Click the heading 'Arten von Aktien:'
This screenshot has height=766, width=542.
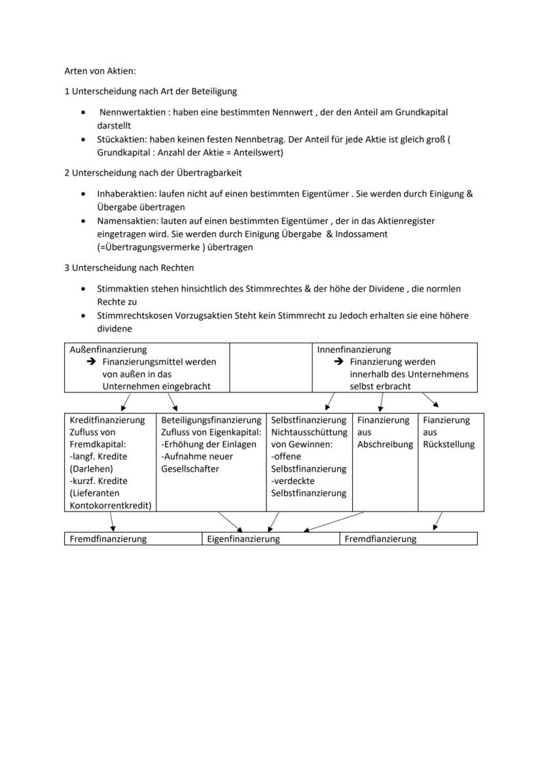[x=99, y=71]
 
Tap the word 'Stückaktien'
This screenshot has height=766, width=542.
[x=122, y=140]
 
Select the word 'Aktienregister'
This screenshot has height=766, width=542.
[x=405, y=221]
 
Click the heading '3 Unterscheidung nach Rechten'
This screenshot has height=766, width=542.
[x=129, y=268]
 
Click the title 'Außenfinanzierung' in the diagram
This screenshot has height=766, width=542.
[x=108, y=350]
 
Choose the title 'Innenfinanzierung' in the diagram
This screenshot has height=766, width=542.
[x=354, y=350]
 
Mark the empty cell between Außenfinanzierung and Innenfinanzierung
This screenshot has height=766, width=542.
[x=271, y=367]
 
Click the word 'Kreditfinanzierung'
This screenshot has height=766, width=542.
[x=107, y=421]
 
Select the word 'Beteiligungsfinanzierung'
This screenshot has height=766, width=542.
[x=211, y=421]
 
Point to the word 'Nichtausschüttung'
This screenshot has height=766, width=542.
[x=308, y=432]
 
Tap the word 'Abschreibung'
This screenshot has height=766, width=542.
[x=385, y=445]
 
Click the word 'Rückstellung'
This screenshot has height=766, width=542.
[x=449, y=445]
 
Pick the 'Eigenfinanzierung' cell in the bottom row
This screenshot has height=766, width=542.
[x=244, y=539]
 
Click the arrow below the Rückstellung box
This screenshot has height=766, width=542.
[x=437, y=521]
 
